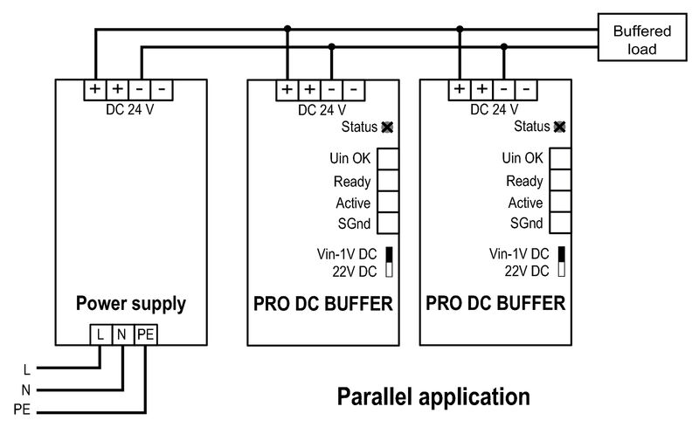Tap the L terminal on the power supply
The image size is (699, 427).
coord(100,333)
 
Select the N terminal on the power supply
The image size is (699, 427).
coord(122,333)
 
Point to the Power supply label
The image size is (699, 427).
coord(130,304)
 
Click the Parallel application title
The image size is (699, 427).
coord(433,396)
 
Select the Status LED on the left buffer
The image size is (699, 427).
coord(388,127)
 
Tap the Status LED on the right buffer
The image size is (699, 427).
coord(560,127)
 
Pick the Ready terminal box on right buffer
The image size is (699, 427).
coord(559,181)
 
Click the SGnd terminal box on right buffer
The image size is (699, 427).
coord(559,224)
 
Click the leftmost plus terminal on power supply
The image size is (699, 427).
coord(93,89)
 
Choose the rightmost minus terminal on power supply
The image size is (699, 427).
coord(163,89)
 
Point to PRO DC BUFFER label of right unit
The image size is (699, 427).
coord(495,304)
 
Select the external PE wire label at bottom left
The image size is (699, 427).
coord(22,409)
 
